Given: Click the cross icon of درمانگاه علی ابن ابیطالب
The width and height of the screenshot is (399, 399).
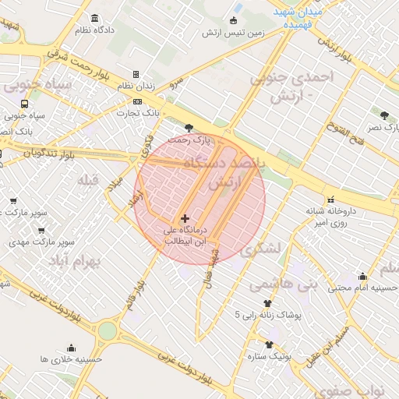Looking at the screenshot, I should pyautogui.click(x=185, y=219).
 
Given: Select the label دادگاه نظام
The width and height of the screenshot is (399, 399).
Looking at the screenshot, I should pyautogui.click(x=94, y=30).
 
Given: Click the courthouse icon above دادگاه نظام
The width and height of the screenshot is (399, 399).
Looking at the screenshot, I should pyautogui.click(x=94, y=18).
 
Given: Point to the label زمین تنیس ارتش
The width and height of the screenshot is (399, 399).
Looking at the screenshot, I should pyautogui.click(x=231, y=33).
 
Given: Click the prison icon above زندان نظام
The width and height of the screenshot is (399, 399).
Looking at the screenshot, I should pyautogui.click(x=136, y=75).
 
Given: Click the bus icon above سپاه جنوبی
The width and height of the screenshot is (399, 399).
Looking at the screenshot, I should pyautogui.click(x=26, y=103).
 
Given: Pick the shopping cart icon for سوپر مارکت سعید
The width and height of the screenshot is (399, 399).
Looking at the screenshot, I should pyautogui.click(x=13, y=200).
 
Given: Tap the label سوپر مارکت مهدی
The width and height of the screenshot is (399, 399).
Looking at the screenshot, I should pyautogui.click(x=29, y=242).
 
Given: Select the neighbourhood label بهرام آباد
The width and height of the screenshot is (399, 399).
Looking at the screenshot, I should pyautogui.click(x=75, y=260).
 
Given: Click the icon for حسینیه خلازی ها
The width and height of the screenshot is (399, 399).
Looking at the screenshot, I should pyautogui.click(x=72, y=348).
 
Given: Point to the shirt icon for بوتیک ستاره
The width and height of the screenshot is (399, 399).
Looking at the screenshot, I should pyautogui.click(x=270, y=344).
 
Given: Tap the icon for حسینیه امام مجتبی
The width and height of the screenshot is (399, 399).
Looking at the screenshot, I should pyautogui.click(x=362, y=276).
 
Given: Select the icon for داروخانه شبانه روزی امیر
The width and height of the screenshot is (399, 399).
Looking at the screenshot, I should pyautogui.click(x=331, y=199).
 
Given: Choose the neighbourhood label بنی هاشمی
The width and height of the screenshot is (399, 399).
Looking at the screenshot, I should pyautogui.click(x=284, y=286).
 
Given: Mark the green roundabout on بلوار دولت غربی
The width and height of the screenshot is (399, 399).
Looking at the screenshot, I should pyautogui.click(x=107, y=331).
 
